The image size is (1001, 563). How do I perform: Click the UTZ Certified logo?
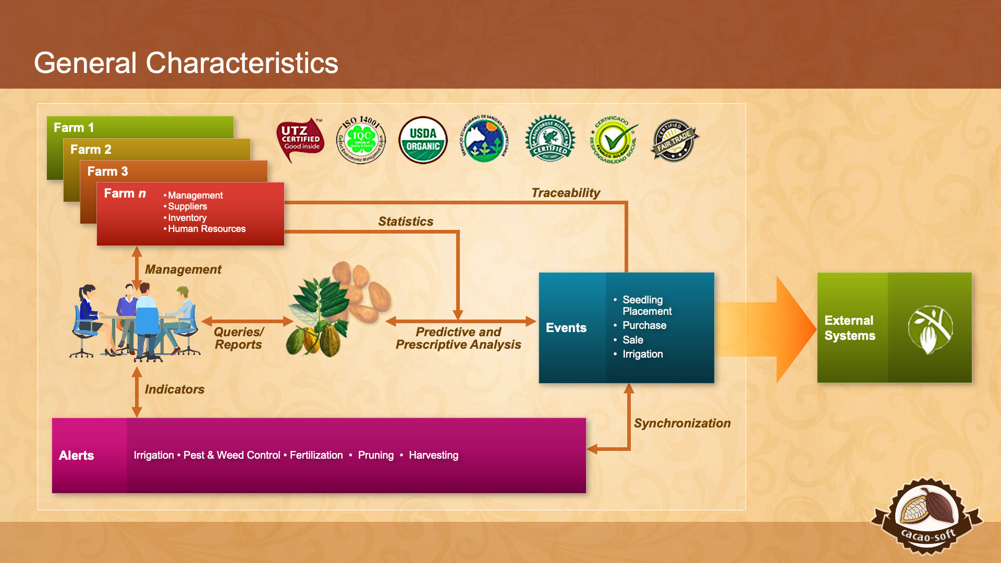coord(300,140)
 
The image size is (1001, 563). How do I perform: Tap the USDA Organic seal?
coord(423,140)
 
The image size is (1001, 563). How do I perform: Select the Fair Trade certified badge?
coord(674,140)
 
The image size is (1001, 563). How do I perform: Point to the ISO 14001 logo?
coord(361,140)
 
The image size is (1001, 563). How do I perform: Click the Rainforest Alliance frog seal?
coord(550,139)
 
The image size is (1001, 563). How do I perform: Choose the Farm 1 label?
coord(74,128)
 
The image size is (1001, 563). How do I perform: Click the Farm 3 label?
coord(107,172)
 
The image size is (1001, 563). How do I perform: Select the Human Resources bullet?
coord(206,229)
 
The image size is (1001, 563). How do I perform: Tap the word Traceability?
coord(566,193)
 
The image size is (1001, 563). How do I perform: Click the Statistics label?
coord(406,222)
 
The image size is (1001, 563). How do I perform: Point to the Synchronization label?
coord(682,423)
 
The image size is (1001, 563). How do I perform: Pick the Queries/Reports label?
coord(239,338)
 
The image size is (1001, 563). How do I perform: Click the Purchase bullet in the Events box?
coord(644,325)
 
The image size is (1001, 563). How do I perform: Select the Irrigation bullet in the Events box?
coord(642,354)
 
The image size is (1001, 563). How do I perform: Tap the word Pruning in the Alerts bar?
coord(375,455)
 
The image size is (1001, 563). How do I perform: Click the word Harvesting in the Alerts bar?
coord(433,455)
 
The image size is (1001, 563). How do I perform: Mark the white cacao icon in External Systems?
coord(930,329)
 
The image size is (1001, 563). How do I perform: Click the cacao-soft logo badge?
coord(927,517)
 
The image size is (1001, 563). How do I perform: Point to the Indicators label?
coord(174,389)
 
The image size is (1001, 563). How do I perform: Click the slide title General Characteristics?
coord(186,63)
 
